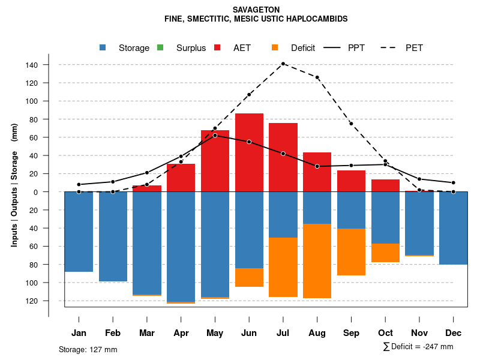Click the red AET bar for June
[x=249, y=152]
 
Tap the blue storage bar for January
[x=79, y=232]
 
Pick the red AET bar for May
[x=215, y=161]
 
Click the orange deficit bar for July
[x=283, y=267]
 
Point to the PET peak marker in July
[x=283, y=64]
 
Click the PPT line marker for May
[x=215, y=136]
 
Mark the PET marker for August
[x=317, y=77]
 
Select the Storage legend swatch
[x=104, y=48]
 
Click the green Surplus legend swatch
[x=160, y=48]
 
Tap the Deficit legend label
[x=303, y=48]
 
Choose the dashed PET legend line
[x=390, y=48]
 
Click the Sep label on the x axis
[x=351, y=333]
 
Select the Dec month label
[x=453, y=333]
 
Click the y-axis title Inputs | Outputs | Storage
[x=14, y=184]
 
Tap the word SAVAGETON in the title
[x=256, y=10]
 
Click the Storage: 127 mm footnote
[x=88, y=349]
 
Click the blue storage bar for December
[x=453, y=228]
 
